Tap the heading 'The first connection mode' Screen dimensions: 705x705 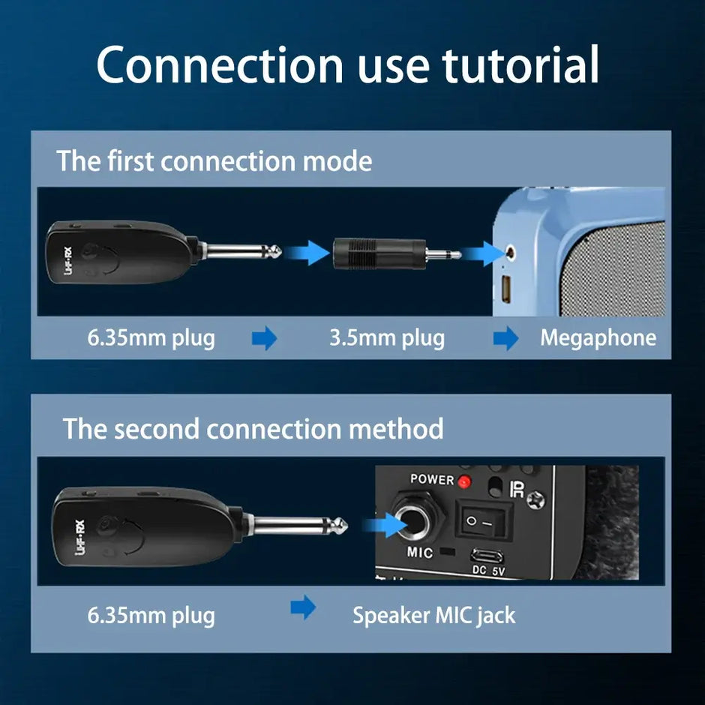pos(214,160)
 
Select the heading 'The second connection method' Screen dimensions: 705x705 pos(253,428)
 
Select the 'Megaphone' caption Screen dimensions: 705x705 pos(598,337)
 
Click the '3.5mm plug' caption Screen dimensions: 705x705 pos(387,337)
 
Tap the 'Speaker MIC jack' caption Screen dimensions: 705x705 pos(433,616)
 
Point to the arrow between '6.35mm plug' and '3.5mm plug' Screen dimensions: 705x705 pos(264,338)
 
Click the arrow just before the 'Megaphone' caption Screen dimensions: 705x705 pos(505,338)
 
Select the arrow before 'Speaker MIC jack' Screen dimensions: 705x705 pos(303,608)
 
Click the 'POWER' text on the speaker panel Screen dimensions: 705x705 pos(432,479)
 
